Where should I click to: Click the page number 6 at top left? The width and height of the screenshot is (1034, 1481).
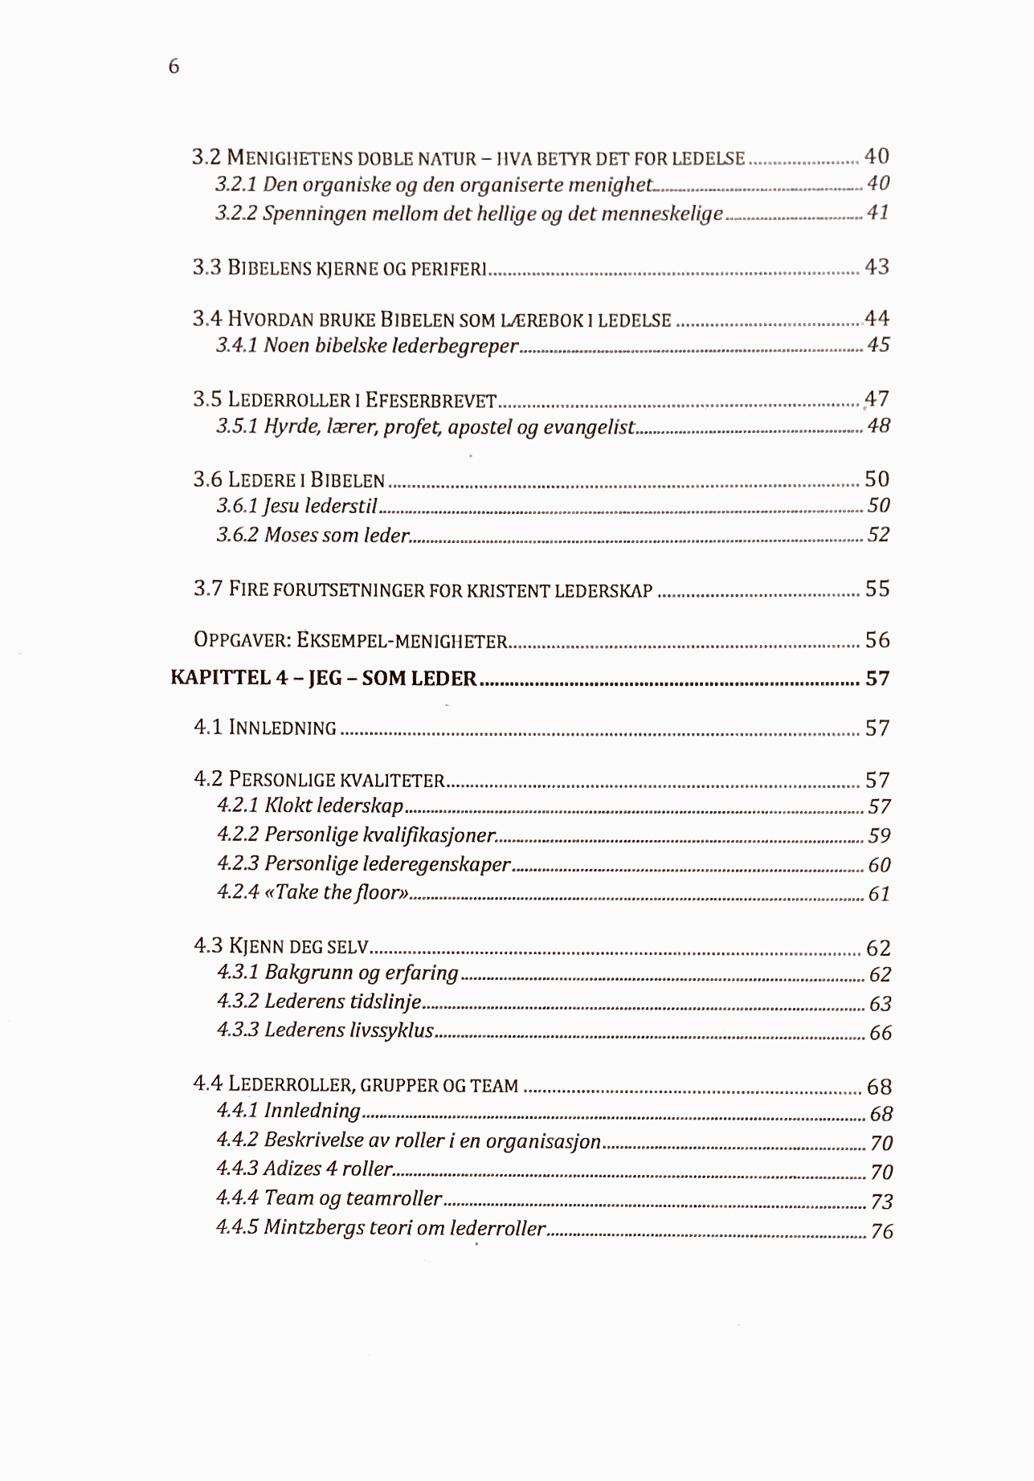[x=174, y=67]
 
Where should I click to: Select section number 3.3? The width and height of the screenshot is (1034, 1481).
[x=206, y=267]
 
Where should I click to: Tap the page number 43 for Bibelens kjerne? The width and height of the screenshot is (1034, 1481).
[x=877, y=267]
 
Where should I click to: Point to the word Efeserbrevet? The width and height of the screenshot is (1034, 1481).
[x=431, y=400]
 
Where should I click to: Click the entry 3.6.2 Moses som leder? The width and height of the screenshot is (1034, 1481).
[x=313, y=535]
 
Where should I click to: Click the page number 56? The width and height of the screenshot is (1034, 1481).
[x=877, y=640]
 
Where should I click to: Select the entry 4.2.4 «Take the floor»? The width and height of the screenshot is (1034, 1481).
[x=313, y=892]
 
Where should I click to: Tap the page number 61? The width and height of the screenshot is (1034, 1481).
[x=879, y=894]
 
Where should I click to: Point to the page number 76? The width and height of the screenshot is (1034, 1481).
[x=881, y=1231]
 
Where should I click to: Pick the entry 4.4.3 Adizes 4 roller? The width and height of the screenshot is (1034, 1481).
[x=304, y=1169]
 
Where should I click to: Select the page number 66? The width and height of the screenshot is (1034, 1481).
[x=881, y=1033]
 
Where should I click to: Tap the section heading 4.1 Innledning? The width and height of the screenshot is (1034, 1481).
[x=265, y=728]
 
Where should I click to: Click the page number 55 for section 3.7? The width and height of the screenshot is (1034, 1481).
[x=877, y=589]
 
